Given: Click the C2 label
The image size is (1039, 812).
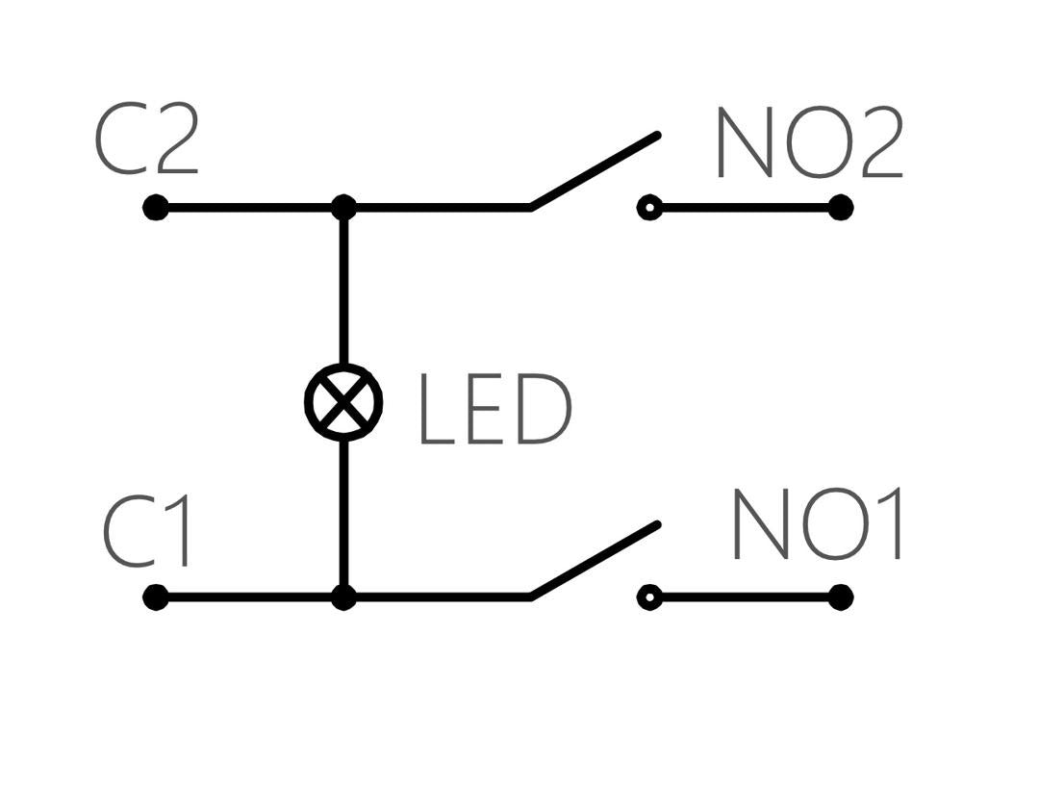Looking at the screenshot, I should (x=146, y=141).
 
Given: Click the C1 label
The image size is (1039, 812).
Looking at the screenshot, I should (x=148, y=532).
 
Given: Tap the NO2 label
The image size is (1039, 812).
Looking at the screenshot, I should (x=808, y=144).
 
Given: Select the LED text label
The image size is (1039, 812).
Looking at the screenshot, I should (x=494, y=411).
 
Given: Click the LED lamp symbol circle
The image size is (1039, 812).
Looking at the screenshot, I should (x=343, y=402).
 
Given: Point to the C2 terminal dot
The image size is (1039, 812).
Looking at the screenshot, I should (x=155, y=208).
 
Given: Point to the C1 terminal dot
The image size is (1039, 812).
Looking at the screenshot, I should (x=155, y=597).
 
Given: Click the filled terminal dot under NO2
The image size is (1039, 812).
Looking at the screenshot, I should (x=841, y=208).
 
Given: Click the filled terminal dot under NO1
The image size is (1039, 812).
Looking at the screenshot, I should (x=841, y=597).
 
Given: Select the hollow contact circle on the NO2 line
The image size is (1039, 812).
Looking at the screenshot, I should (x=649, y=208).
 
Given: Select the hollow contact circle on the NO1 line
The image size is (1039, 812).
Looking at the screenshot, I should (x=649, y=597).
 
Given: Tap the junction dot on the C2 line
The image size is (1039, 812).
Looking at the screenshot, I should (x=343, y=208).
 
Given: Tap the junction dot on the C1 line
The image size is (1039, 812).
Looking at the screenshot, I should (x=343, y=597).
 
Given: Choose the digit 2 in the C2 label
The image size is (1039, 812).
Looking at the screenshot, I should (x=174, y=141).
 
